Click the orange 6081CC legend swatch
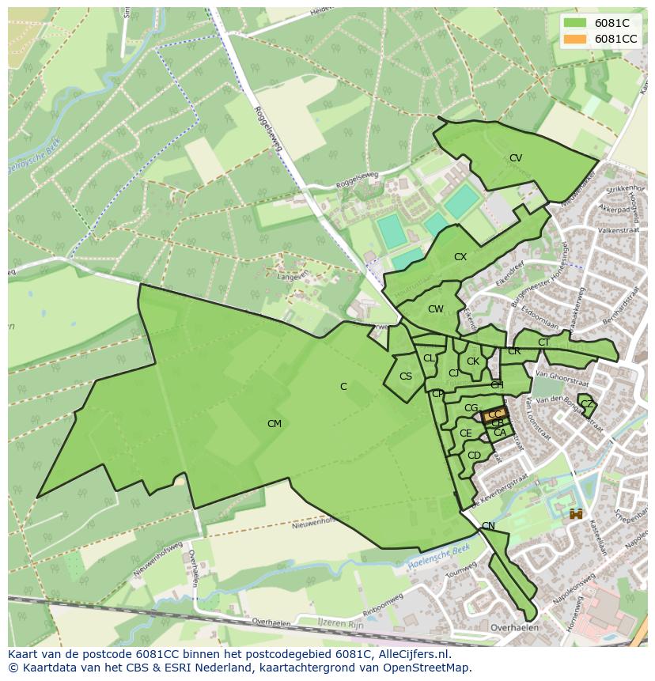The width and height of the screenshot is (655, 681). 576,39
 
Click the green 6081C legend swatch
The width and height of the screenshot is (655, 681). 576,23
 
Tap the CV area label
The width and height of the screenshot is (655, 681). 516,158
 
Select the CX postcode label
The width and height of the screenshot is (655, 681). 460,257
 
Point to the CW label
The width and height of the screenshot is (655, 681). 436,309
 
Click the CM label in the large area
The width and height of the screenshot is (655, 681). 274,424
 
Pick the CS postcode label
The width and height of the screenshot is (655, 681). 406,376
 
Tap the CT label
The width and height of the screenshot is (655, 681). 543,342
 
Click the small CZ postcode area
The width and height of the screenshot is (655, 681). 586,404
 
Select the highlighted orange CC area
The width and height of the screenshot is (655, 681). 494,414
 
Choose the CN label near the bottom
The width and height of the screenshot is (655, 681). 488,526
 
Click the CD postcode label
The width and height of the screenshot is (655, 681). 474,456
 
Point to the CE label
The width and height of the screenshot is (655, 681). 465,433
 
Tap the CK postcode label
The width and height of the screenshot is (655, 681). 473,361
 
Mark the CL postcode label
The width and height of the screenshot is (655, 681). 429,358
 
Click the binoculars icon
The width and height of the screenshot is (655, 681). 576,514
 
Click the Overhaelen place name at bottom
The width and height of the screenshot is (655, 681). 514,628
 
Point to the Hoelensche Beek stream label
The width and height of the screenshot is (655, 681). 440,558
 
